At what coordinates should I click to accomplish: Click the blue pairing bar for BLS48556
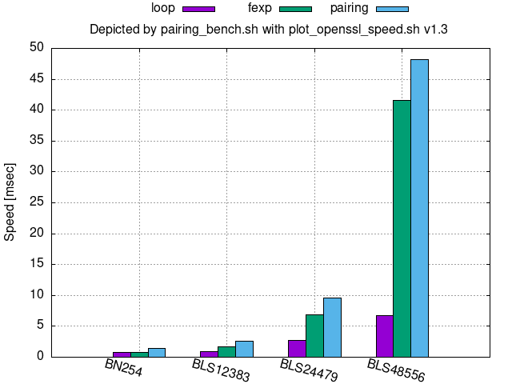coord(419,208)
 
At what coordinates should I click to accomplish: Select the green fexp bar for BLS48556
coord(402,228)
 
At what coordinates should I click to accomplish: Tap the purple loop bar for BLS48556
coord(384,336)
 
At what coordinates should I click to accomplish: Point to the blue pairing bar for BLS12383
coord(244,349)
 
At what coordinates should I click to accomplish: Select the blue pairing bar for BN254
coord(157,352)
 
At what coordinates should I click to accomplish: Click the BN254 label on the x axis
coord(124,369)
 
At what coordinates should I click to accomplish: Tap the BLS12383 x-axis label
coord(221,371)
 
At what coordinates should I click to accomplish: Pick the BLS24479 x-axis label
coord(309,371)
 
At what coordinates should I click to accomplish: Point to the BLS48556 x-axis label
coord(396,371)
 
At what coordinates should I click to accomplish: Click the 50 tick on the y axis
coord(35,47)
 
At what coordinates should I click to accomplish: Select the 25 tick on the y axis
coord(35,202)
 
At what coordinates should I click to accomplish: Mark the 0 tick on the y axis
coord(38,357)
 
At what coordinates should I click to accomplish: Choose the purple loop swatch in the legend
coord(198,9)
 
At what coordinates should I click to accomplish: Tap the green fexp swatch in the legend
coord(295,9)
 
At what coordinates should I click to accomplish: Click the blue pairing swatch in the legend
coord(392,9)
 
